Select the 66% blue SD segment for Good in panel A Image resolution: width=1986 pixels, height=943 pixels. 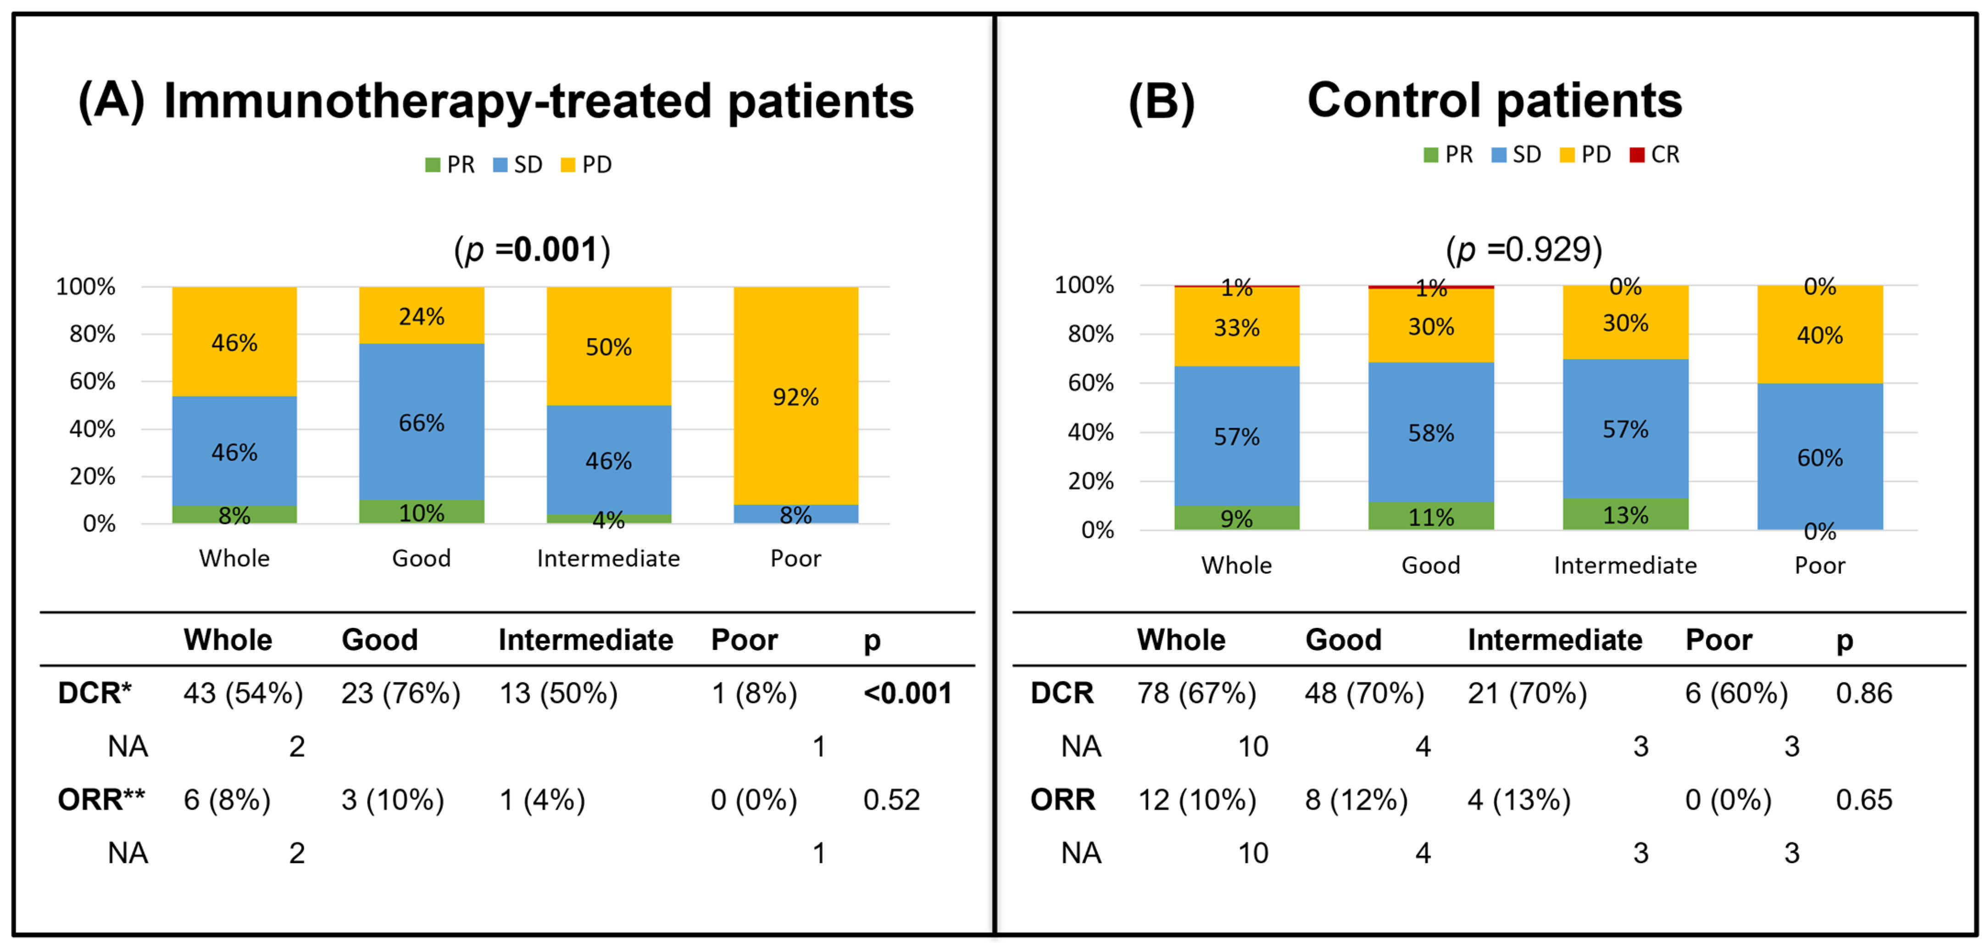[x=422, y=422]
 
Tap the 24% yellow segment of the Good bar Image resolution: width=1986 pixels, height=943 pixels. [x=422, y=316]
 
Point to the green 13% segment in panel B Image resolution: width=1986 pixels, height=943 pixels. [x=1625, y=514]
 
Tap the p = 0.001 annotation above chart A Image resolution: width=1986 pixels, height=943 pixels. [x=532, y=250]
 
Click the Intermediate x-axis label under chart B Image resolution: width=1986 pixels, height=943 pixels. [x=1625, y=565]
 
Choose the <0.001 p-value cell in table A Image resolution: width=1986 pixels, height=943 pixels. [x=907, y=693]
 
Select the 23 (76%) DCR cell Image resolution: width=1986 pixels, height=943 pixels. [x=401, y=693]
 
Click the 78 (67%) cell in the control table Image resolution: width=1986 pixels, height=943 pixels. [x=1196, y=693]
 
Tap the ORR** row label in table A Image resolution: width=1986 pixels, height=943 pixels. [x=101, y=799]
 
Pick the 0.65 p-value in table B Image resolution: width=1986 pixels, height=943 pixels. [x=1864, y=799]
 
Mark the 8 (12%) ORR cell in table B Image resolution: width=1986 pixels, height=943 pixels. [x=1356, y=799]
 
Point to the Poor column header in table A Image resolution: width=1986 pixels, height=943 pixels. [x=744, y=640]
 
